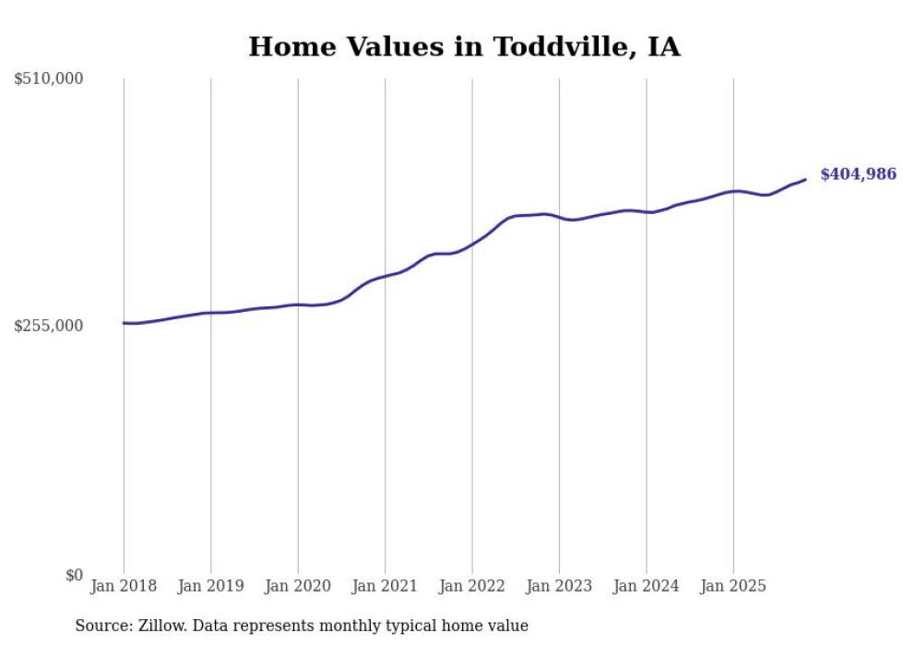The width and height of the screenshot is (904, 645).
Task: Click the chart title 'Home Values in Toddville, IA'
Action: click(x=464, y=46)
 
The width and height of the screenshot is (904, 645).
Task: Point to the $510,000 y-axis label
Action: click(x=49, y=79)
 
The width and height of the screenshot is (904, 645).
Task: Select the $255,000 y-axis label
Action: click(x=49, y=326)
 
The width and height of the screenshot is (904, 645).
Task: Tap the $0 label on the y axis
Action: click(x=74, y=575)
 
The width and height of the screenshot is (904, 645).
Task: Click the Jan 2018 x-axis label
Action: click(x=124, y=586)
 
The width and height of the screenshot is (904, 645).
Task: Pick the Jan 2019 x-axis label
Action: click(x=210, y=586)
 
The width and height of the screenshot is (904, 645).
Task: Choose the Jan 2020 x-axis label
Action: click(x=298, y=586)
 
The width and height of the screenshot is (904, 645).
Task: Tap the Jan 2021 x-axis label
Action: click(x=385, y=586)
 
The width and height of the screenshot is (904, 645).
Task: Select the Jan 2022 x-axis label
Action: click(x=472, y=586)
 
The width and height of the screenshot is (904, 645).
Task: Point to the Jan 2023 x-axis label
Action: click(x=559, y=586)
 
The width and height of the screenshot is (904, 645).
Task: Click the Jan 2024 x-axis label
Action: click(x=647, y=586)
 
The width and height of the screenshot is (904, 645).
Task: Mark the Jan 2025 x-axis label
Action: click(x=733, y=586)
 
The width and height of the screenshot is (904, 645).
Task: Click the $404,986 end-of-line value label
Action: click(x=858, y=173)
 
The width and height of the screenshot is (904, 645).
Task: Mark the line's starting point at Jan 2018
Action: click(x=124, y=323)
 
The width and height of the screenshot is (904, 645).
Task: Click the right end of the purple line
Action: click(x=805, y=180)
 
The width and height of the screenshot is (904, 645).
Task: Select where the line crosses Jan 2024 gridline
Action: click(x=647, y=212)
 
